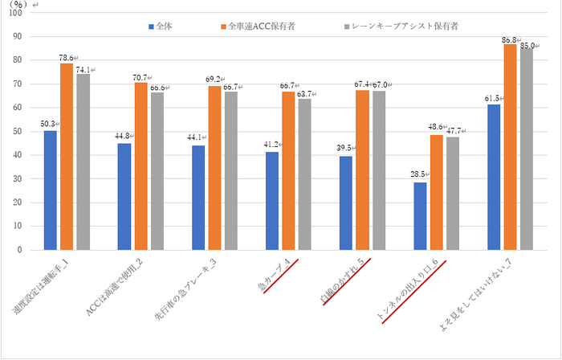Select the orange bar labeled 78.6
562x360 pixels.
(x=67, y=156)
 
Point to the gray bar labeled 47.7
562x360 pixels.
(x=453, y=193)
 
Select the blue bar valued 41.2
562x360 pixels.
(x=273, y=201)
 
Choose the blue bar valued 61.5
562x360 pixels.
(x=495, y=177)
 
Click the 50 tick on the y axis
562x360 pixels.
(x=19, y=131)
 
